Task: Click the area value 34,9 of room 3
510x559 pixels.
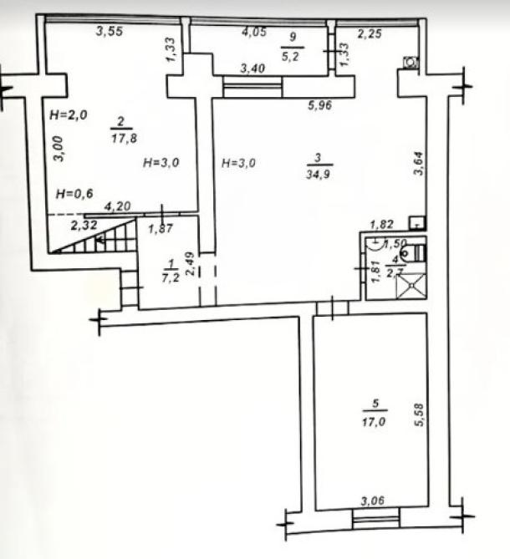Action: [x=318, y=175]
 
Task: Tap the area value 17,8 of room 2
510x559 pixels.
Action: [x=124, y=138]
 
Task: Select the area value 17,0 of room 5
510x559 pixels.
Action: [x=374, y=422]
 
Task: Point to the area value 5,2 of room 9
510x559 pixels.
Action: [x=290, y=56]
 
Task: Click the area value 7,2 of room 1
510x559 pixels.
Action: [x=171, y=277]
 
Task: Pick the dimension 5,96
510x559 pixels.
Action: [x=320, y=105]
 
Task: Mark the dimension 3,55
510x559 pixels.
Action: [x=110, y=32]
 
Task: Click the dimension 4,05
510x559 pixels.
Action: [x=254, y=32]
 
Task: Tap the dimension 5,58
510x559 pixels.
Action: [x=419, y=414]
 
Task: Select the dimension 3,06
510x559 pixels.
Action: [x=373, y=501]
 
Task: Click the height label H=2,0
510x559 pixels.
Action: [x=69, y=114]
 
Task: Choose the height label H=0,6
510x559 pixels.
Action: [x=74, y=194]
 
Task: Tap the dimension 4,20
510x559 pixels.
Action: [x=117, y=206]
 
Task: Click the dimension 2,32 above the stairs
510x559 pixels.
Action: [x=84, y=226]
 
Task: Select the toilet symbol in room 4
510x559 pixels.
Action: [x=415, y=253]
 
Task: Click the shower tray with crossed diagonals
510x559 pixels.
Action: [x=411, y=286]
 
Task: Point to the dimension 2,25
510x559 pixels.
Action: [x=370, y=34]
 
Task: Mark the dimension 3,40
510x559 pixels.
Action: [x=252, y=68]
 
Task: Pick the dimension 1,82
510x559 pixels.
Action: [x=381, y=224]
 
